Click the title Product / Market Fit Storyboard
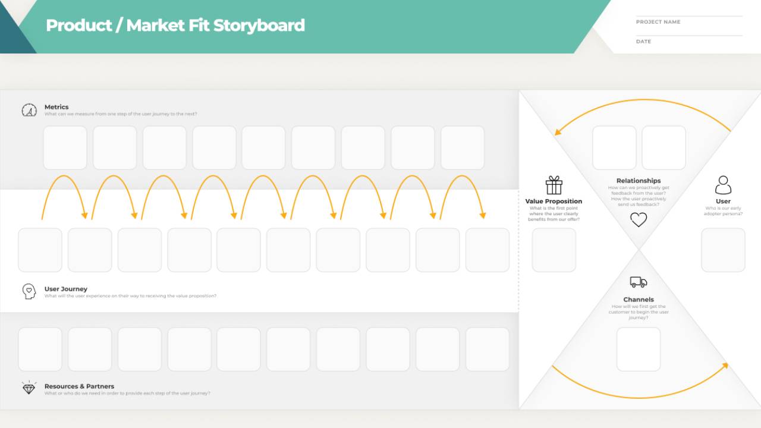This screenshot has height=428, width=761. coord(175,26)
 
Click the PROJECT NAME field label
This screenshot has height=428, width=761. coord(658,22)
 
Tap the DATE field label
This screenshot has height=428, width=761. coord(643,42)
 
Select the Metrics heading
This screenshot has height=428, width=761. coord(56,107)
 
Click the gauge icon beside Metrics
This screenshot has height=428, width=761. coord(29,110)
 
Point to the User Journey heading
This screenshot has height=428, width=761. coord(65,289)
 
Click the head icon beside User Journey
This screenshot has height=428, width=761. coord(29,291)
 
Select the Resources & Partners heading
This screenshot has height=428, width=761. coord(79,386)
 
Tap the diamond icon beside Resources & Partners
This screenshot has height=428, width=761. coord(29,388)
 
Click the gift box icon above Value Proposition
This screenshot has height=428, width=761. coord(554,185)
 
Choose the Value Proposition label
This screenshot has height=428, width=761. coord(554,202)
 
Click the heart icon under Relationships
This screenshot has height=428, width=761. coord(639,220)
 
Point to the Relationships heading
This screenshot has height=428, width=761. coord(639,181)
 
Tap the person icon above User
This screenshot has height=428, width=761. coord(723,185)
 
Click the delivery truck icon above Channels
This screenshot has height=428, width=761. coord(639,282)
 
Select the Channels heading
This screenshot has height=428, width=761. coord(639,300)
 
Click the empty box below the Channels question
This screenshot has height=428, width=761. coord(639,349)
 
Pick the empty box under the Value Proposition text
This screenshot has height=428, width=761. coord(554,250)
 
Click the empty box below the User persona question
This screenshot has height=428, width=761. coord(723,250)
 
